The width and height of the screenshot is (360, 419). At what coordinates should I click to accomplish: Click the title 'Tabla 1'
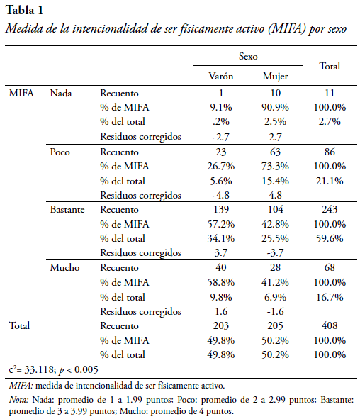(24, 11)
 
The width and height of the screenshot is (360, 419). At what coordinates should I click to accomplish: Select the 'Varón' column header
(221, 76)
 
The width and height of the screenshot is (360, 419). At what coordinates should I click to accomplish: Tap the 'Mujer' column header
(276, 77)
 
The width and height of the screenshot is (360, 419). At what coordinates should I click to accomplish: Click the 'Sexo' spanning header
(248, 56)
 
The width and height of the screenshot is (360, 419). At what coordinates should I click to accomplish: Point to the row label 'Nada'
(61, 93)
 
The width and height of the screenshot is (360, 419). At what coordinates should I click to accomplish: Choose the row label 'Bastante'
(67, 209)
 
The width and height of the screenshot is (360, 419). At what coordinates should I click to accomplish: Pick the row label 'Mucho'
(64, 267)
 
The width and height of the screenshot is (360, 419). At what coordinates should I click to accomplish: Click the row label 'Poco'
(60, 152)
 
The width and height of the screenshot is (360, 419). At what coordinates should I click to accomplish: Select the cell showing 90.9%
(276, 108)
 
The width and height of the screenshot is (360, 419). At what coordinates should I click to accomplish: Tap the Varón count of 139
(221, 209)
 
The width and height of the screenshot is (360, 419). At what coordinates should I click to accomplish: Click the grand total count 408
(330, 325)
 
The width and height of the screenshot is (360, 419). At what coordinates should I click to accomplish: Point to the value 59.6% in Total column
(330, 238)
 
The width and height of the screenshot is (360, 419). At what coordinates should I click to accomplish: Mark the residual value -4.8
(221, 195)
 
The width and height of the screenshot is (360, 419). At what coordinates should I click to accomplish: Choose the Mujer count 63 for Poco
(276, 152)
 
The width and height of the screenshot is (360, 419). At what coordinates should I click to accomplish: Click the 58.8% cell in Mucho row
(221, 282)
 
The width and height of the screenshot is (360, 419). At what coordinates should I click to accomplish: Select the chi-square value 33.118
(39, 370)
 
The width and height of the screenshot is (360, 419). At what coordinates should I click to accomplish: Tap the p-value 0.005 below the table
(86, 370)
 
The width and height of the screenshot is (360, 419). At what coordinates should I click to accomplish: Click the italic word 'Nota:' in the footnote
(18, 400)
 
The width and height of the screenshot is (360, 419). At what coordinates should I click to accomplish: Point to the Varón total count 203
(221, 325)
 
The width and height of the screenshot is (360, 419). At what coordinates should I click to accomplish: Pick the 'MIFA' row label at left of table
(21, 93)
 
